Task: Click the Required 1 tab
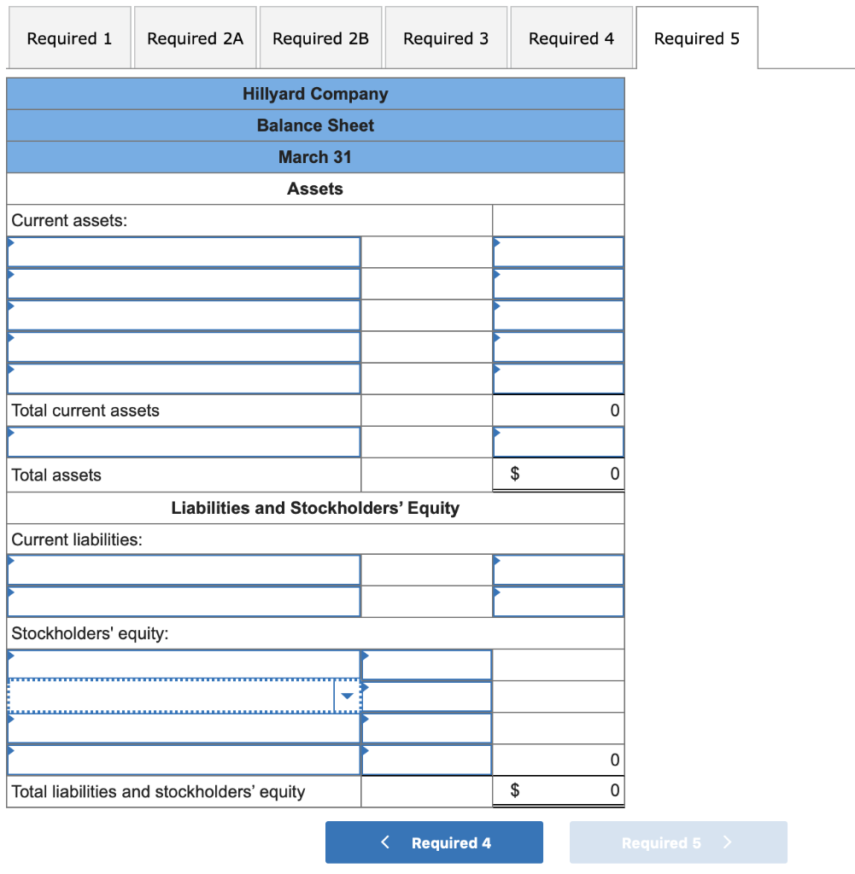point(69,38)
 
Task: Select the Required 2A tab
point(195,38)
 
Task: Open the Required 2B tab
point(320,38)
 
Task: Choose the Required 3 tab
point(446,38)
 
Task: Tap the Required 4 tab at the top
point(571,38)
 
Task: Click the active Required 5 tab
point(696,38)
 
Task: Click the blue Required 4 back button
point(434,842)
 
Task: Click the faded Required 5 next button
point(677,842)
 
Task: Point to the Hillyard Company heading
point(315,94)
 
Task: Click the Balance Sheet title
point(315,125)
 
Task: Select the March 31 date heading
point(315,157)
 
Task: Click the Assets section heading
point(315,189)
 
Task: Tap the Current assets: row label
point(69,220)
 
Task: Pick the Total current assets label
point(85,411)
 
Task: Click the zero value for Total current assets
point(613,411)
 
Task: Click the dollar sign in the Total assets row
point(514,474)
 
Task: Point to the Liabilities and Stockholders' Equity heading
point(315,508)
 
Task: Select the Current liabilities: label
point(77,539)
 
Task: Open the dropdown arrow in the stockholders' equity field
point(346,696)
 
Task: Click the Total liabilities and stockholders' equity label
point(158,791)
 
